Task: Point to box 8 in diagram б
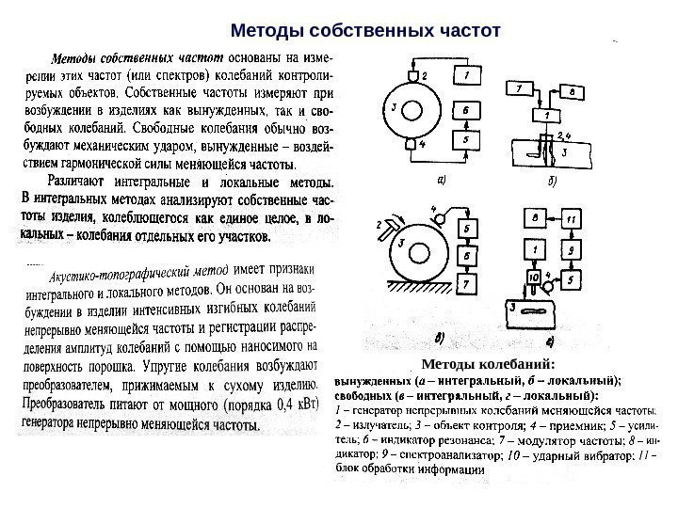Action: tap(573, 91)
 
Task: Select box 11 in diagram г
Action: tap(573, 219)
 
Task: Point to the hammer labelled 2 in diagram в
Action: tap(388, 227)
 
